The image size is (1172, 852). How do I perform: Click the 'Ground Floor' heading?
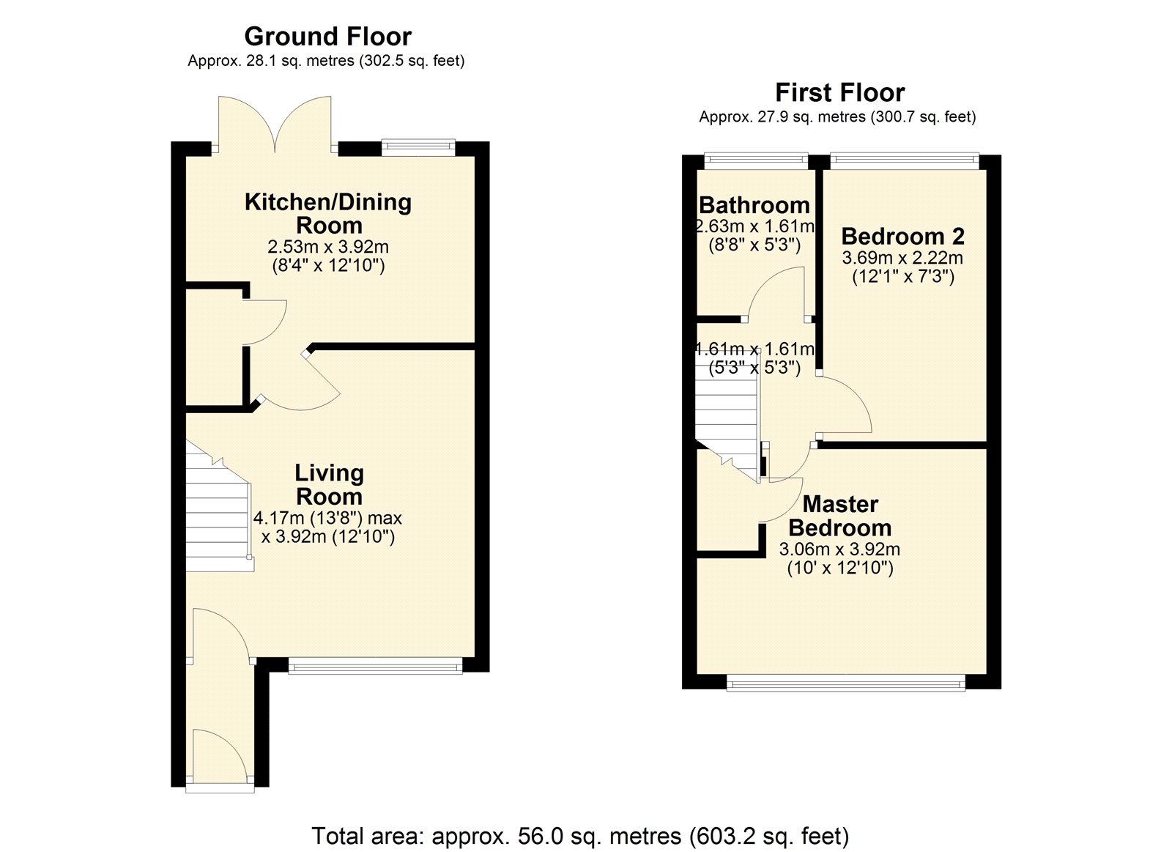click(x=327, y=37)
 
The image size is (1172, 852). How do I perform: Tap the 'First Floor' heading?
click(x=839, y=93)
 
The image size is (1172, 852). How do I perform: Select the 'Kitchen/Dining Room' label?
click(x=328, y=213)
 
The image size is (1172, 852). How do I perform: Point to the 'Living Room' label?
click(x=329, y=485)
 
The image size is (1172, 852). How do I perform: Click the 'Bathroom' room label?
click(x=754, y=205)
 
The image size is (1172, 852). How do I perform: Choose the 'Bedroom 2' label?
click(x=903, y=236)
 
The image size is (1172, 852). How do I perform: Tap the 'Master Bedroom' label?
click(x=839, y=516)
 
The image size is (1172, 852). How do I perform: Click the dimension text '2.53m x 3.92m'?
click(x=328, y=246)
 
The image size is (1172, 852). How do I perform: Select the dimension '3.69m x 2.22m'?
click(x=902, y=257)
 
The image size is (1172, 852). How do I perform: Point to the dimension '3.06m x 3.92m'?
click(x=839, y=549)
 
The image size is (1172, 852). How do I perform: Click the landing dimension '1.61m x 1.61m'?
click(x=754, y=349)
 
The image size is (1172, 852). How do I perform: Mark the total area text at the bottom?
click(x=580, y=836)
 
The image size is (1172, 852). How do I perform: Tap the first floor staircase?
click(x=728, y=412)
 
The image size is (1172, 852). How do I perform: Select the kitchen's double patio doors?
click(x=275, y=125)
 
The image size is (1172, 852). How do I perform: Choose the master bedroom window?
click(x=846, y=683)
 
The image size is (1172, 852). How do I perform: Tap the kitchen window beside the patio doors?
click(x=418, y=147)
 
